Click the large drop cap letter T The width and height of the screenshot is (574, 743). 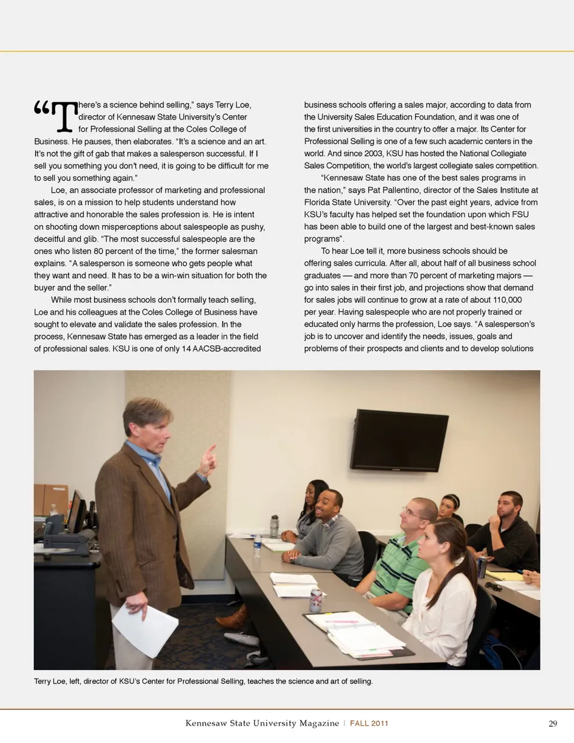pos(65,116)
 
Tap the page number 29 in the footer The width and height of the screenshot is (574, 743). pos(552,723)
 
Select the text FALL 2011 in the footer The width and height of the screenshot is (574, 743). pos(369,723)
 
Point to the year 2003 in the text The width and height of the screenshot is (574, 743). pos(373,153)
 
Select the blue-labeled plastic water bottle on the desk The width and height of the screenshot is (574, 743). pos(257,546)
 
